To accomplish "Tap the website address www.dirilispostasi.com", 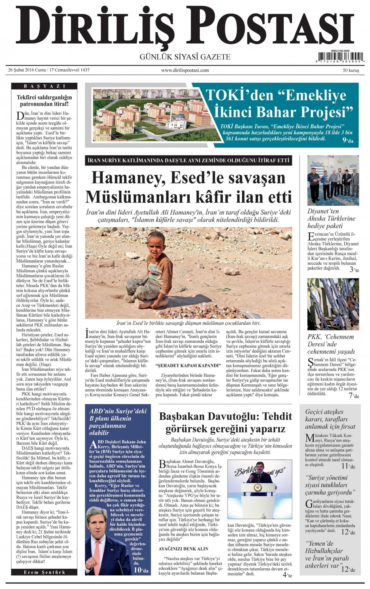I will (x=185, y=70).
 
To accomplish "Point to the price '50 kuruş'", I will (x=351, y=70).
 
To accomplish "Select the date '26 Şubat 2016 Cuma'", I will (x=27, y=70).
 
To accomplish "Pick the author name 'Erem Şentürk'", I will (x=44, y=572).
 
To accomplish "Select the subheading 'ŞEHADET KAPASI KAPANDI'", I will (x=188, y=366).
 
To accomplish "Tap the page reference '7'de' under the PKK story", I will (x=354, y=396).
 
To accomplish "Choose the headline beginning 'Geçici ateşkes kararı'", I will (x=330, y=419).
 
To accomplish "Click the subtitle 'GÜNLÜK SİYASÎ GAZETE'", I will (x=185, y=57).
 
